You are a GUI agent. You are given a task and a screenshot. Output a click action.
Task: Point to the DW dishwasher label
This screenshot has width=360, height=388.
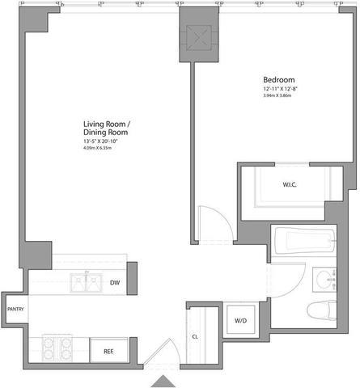[x=116, y=282]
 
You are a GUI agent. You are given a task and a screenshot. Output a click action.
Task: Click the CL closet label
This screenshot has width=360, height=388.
[x=195, y=337]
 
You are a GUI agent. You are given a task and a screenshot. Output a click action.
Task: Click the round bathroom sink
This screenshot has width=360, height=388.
[x=326, y=280]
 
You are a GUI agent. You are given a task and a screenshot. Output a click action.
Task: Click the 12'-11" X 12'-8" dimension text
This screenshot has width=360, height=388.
[x=282, y=89]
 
